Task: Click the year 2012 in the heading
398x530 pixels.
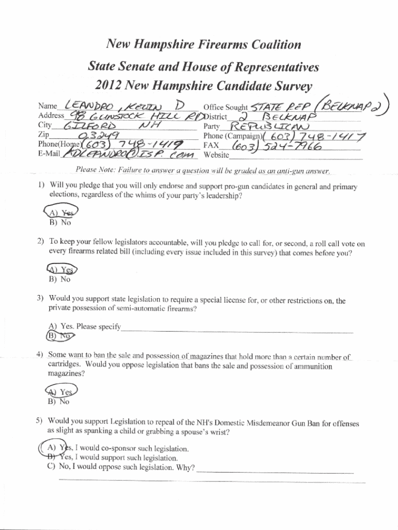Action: [x=110, y=85]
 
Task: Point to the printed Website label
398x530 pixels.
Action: [x=217, y=155]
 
